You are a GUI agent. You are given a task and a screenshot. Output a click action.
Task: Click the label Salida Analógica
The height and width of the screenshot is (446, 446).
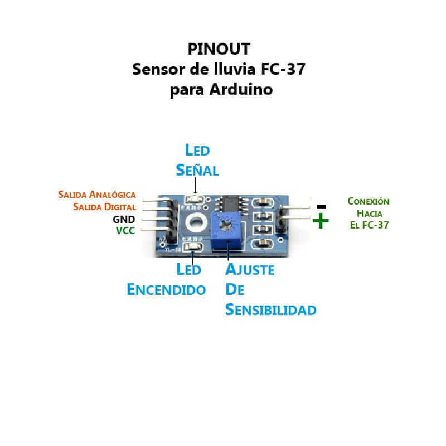(97, 195)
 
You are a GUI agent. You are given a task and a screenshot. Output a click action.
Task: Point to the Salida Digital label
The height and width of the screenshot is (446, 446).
(105, 207)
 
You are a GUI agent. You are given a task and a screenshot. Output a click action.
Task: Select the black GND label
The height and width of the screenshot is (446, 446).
(124, 219)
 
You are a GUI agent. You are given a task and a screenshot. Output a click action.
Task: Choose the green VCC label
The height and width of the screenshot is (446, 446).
(125, 230)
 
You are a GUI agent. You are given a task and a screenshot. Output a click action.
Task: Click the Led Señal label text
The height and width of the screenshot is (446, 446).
(197, 160)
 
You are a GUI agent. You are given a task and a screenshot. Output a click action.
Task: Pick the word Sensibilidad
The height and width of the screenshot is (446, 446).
(271, 310)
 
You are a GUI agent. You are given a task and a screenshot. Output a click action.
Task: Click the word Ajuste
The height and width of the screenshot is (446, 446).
(250, 270)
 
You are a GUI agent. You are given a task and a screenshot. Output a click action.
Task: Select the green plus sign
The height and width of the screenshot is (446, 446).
(321, 221)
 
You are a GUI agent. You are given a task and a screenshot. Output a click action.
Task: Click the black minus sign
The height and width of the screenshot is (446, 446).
(321, 206)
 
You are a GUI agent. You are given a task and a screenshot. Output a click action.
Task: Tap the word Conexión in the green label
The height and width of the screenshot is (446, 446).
(369, 201)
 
